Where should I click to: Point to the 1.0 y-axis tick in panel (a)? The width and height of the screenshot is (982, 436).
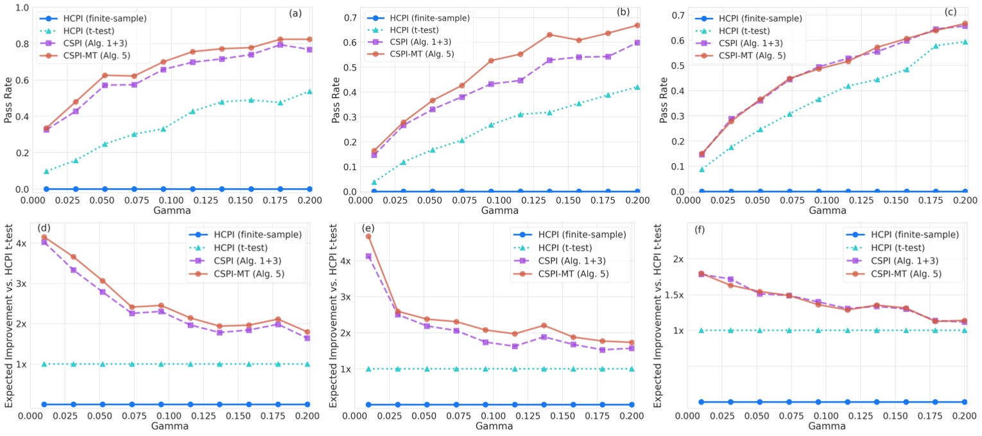point(22,8)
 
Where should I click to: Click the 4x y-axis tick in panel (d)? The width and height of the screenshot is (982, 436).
point(22,243)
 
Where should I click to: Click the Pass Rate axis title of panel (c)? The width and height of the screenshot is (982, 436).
point(658,100)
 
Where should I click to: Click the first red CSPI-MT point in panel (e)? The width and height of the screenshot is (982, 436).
point(368,236)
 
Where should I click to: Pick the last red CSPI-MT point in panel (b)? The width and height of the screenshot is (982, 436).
point(637,26)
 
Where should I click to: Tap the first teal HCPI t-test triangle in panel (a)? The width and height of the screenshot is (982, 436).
point(46,171)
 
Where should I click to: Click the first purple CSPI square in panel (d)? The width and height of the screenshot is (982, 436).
point(44,242)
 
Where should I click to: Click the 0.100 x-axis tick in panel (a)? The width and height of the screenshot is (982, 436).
point(162,200)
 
